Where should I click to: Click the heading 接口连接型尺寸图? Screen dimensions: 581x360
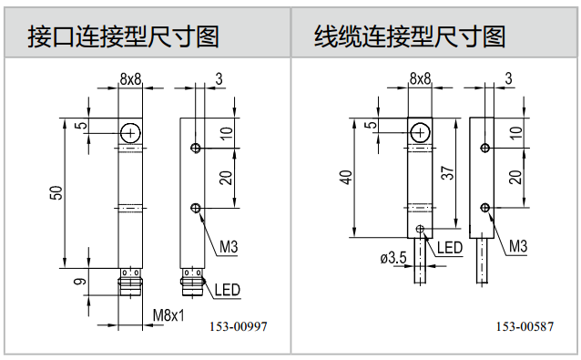123,36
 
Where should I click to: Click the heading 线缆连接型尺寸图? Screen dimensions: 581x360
410,36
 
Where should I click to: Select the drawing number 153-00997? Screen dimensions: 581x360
239,326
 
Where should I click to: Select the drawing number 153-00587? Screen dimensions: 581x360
525,326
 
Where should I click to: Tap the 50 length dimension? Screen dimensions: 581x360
56,193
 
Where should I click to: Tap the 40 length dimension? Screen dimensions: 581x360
346,177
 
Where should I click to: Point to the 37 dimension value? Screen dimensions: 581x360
448,173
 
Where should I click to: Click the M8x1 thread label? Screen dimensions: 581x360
168,315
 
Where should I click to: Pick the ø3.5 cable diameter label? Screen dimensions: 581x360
393,257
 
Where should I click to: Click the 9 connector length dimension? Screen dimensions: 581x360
80,282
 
